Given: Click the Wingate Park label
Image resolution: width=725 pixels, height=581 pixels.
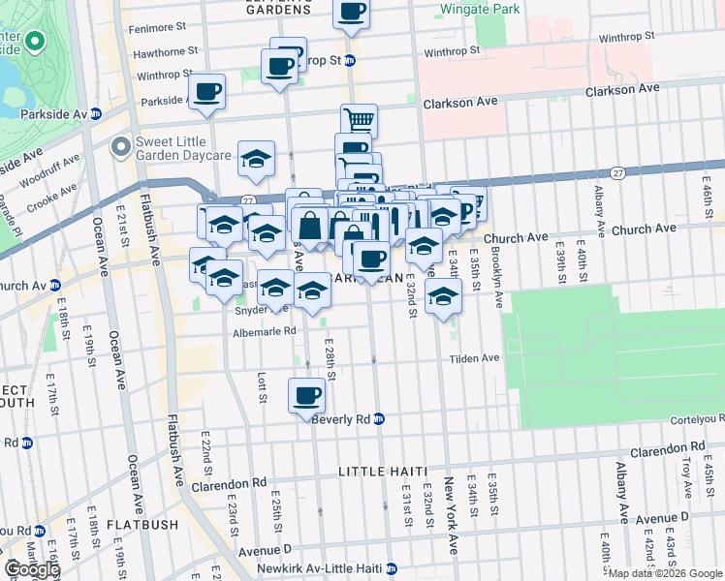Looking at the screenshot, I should tap(479, 9).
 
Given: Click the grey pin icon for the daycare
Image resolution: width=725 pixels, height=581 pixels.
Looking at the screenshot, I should tap(121, 147).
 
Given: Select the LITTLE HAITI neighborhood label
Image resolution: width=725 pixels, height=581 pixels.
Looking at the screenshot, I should tap(383, 471).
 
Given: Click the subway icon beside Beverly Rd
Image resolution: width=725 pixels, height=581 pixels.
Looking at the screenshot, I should tap(380, 419).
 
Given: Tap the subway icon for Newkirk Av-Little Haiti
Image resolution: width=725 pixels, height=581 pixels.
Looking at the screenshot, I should tap(392, 568).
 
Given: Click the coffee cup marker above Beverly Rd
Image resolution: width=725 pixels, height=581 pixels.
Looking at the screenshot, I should tap(307, 395).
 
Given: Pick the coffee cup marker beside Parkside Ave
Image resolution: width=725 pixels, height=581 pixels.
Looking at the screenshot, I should tap(207, 93).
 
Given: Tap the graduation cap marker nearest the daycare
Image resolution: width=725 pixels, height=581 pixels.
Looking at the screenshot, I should tap(256, 159).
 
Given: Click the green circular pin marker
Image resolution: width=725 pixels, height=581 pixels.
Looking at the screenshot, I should tap(35, 42).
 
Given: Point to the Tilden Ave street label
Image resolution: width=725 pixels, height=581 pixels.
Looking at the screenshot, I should tap(474, 358).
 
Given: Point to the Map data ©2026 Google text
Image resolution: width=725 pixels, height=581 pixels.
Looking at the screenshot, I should tap(665, 573).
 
